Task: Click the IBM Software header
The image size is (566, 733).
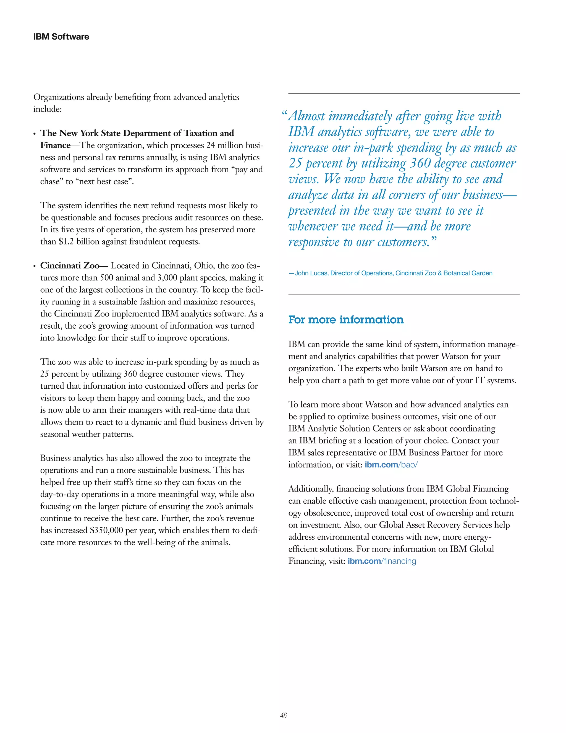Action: click(x=61, y=37)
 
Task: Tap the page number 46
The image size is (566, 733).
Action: click(x=283, y=716)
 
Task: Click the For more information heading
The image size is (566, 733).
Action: click(x=346, y=319)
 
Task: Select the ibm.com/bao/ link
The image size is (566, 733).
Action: click(x=391, y=465)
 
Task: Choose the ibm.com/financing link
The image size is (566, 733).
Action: click(x=382, y=561)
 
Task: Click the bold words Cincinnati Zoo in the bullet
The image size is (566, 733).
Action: click(x=70, y=266)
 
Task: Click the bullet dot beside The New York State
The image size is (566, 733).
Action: click(x=35, y=134)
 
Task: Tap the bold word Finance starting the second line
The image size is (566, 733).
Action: click(x=55, y=145)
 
